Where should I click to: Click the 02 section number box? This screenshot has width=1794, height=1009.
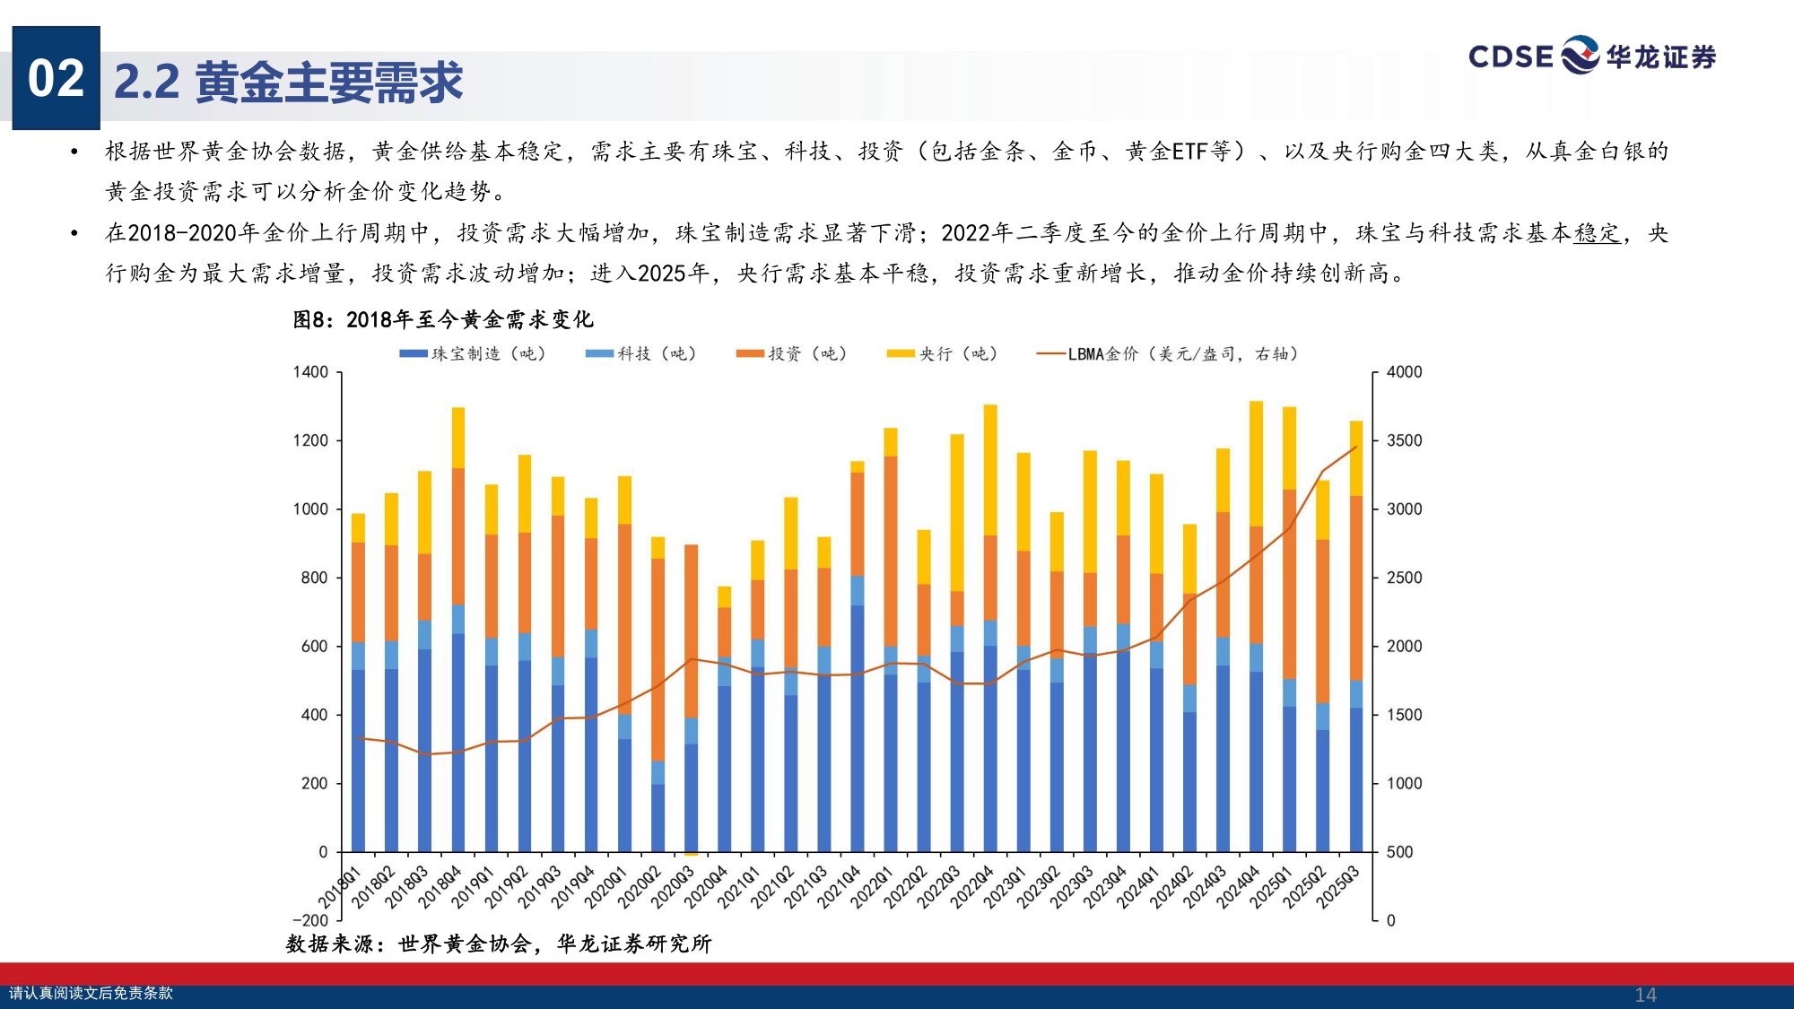pyautogui.click(x=56, y=78)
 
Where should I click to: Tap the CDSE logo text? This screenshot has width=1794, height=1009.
pyautogui.click(x=1511, y=57)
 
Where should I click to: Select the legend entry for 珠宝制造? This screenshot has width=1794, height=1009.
pyautogui.click(x=473, y=353)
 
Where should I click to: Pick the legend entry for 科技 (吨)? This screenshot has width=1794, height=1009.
pyautogui.click(x=641, y=353)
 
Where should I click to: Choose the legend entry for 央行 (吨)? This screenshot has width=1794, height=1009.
pyautogui.click(x=943, y=353)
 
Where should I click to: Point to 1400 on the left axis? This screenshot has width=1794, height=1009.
pyautogui.click(x=310, y=371)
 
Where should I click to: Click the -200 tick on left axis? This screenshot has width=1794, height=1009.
pyautogui.click(x=310, y=920)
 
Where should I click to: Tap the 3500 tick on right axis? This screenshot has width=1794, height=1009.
pyautogui.click(x=1404, y=440)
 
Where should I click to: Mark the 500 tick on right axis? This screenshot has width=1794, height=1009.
pyautogui.click(x=1399, y=852)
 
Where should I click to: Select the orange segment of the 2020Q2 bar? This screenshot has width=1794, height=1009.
pyautogui.click(x=658, y=659)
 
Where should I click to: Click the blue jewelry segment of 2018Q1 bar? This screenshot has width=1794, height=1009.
pyautogui.click(x=358, y=761)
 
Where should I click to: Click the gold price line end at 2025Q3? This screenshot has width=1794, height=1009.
pyautogui.click(x=1356, y=447)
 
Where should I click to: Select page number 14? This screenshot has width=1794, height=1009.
pyautogui.click(x=1645, y=995)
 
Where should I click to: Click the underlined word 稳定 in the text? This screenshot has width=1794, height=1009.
pyautogui.click(x=1597, y=233)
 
